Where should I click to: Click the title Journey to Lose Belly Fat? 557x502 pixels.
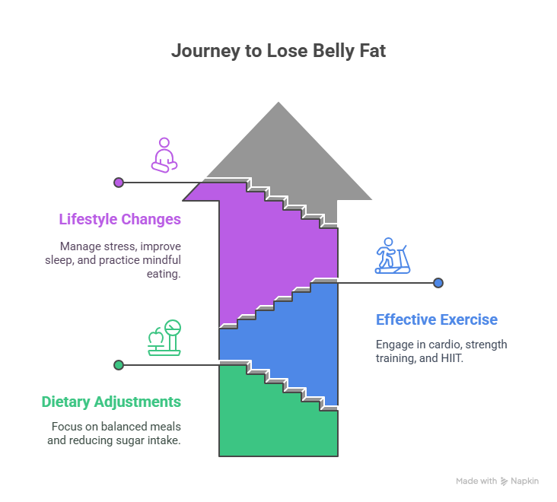click(278, 51)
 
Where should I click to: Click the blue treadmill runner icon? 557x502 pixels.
click(392, 256)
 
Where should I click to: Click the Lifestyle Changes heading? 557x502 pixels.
click(120, 220)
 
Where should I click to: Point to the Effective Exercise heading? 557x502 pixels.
click(437, 319)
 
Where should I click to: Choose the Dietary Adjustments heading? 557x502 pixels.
click(111, 402)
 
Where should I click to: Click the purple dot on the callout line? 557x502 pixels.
click(118, 183)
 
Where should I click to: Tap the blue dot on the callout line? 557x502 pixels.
click(438, 283)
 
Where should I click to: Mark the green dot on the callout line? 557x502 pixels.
click(118, 365)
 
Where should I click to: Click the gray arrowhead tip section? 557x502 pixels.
click(278, 145)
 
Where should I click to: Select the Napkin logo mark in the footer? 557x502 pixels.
click(504, 481)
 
